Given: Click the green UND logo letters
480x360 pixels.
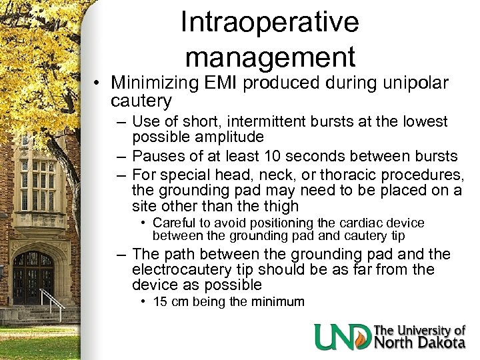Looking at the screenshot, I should click(343, 337).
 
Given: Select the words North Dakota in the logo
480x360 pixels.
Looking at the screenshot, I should click(420, 343).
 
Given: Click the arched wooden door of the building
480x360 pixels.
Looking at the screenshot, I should click(33, 277).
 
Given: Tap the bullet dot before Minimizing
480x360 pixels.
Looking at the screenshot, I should click(97, 84).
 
